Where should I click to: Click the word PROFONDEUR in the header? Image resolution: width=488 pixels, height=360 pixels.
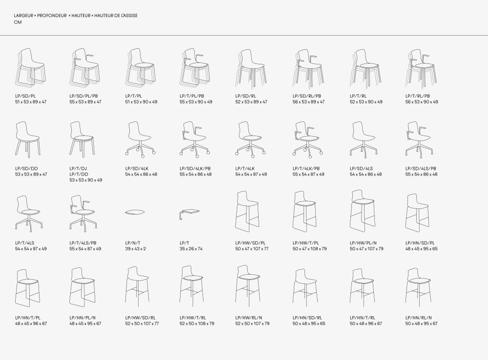tap(52, 16)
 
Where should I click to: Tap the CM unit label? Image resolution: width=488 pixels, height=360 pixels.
tap(18, 22)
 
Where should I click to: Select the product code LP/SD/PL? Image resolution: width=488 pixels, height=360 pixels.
tap(25, 96)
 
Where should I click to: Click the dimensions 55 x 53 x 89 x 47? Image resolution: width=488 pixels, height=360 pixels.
tap(85, 102)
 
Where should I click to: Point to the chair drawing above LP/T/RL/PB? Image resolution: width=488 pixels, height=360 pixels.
tap(422, 68)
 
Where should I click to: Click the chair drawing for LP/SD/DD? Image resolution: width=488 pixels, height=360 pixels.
tap(27, 139)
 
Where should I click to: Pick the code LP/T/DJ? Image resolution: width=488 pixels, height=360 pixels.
tap(78, 169)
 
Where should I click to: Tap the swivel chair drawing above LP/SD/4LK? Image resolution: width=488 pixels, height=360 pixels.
tap(140, 139)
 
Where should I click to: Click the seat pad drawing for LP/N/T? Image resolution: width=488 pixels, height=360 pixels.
tap(135, 213)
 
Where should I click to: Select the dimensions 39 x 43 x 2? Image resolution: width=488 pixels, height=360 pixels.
tap(136, 249)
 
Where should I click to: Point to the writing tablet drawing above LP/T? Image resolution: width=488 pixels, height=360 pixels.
tap(189, 214)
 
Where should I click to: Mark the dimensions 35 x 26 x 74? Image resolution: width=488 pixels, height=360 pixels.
tap(191, 249)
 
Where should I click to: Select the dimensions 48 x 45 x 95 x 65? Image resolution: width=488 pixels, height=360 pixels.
tap(422, 249)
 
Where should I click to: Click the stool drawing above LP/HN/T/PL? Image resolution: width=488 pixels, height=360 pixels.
tap(28, 288)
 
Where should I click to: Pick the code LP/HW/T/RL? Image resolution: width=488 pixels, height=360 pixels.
tap(193, 318)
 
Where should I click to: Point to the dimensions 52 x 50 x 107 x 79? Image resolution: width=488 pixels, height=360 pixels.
tap(252, 323)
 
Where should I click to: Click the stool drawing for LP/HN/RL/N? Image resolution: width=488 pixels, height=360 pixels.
tap(418, 286)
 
